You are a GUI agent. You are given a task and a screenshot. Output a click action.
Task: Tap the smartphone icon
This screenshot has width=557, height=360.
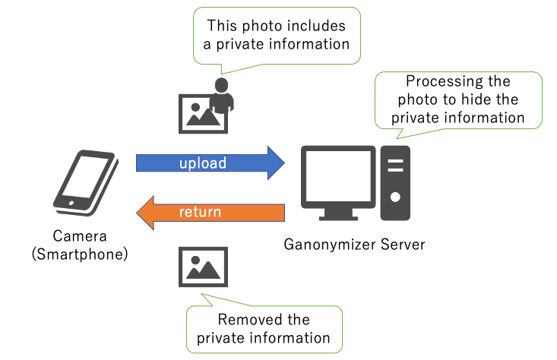84,182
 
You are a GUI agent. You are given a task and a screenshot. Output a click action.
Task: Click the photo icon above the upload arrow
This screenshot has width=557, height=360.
201,113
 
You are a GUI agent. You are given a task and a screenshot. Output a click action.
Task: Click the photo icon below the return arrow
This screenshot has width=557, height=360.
202,267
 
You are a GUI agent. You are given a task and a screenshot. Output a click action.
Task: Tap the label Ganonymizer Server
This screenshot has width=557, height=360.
354,245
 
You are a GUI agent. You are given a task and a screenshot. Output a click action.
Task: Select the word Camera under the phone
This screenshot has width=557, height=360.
79,236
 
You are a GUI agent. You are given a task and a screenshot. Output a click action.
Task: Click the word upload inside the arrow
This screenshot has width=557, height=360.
203,163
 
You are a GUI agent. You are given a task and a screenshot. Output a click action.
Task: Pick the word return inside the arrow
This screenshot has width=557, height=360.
200,212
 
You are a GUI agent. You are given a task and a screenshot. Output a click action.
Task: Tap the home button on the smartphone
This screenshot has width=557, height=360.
71,203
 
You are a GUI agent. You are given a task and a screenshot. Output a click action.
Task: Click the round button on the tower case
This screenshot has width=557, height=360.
394,196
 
